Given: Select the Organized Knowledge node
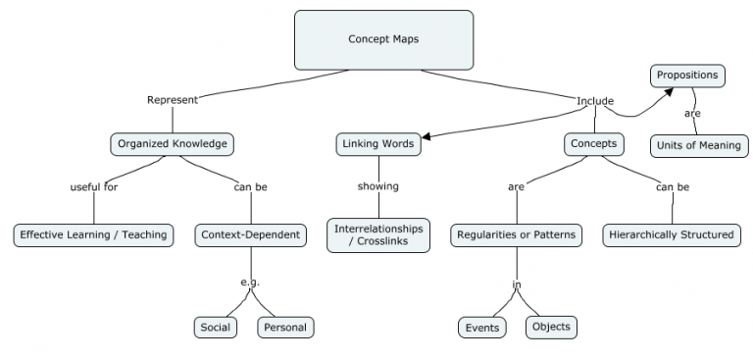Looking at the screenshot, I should point(172,144).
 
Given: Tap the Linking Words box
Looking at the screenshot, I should point(378,144).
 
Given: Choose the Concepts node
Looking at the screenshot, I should point(593,144).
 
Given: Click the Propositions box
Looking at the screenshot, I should point(687,75).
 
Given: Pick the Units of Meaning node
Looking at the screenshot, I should point(699,146).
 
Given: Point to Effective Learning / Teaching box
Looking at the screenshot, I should point(94,234).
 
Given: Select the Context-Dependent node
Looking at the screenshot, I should point(250,234).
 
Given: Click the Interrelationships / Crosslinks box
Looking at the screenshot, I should point(378,235).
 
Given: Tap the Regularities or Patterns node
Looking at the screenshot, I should point(516,234).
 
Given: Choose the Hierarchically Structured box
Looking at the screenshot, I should point(671,234).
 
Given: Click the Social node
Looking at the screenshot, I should point(215,327).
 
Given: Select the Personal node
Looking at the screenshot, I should point(285,327).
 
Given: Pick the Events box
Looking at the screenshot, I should point(481,327).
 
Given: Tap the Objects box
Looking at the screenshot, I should point(551,327).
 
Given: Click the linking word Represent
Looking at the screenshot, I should point(173,100).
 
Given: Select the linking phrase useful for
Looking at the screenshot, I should point(94,186).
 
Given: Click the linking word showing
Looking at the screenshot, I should point(377,186).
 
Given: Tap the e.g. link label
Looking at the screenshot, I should point(250,283).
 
